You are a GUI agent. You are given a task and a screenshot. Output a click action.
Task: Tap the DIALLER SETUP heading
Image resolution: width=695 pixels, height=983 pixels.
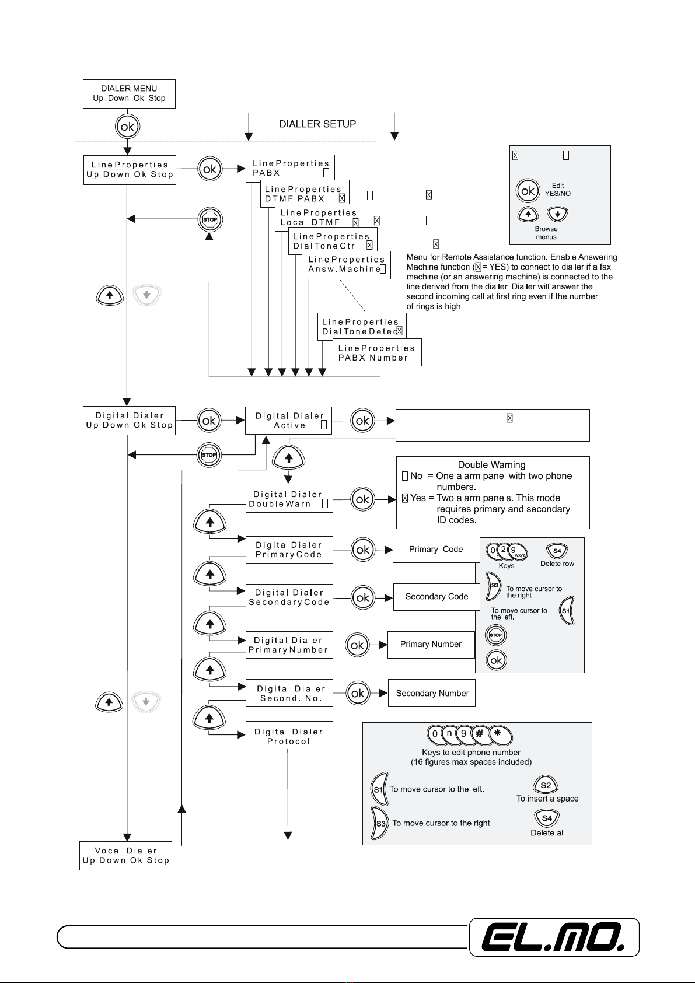click(317, 124)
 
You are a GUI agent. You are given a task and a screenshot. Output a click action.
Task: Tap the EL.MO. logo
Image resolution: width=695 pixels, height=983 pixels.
click(554, 937)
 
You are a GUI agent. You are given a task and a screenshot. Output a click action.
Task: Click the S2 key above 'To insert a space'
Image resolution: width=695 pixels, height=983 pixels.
click(545, 785)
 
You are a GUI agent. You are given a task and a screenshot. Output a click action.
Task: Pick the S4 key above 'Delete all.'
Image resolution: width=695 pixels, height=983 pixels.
click(547, 817)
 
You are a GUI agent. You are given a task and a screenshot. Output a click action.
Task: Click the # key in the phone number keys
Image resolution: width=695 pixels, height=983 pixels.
click(480, 733)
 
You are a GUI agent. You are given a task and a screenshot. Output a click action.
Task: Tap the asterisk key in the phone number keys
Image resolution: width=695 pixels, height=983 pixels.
click(500, 734)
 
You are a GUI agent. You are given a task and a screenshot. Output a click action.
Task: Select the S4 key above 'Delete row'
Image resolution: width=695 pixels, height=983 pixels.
click(557, 551)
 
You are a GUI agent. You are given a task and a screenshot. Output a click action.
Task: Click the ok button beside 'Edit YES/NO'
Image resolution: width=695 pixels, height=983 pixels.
click(528, 190)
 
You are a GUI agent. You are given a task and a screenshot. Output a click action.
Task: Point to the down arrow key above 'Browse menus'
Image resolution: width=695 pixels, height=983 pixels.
click(557, 214)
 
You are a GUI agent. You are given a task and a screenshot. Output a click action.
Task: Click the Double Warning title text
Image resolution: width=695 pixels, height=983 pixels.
click(492, 465)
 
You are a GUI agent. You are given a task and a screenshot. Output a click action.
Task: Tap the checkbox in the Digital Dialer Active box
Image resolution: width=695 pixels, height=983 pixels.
click(323, 425)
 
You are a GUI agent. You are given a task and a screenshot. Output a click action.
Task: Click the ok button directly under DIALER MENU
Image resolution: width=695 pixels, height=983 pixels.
click(127, 127)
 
